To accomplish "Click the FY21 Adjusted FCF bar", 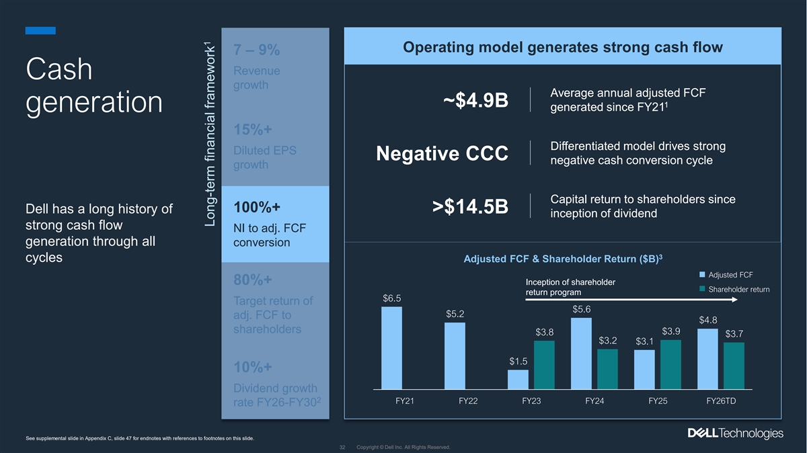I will coord(391,348).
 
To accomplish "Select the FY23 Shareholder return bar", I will coord(544,365).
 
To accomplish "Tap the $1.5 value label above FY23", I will coord(518,362).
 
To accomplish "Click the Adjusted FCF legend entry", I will coord(726,275).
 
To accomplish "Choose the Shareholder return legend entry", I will coord(734,289).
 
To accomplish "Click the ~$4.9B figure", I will coord(475,101).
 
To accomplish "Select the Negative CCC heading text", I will coord(442,154).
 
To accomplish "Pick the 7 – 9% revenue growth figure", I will coord(257,50).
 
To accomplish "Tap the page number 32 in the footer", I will coord(342,447).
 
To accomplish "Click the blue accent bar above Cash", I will coord(40,30).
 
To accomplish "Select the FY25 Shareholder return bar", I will coord(670,364).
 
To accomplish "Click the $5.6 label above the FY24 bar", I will coord(581,309).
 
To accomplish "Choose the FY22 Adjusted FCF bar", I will coord(455,356).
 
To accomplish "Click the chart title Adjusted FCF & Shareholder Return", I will coord(562,260).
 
